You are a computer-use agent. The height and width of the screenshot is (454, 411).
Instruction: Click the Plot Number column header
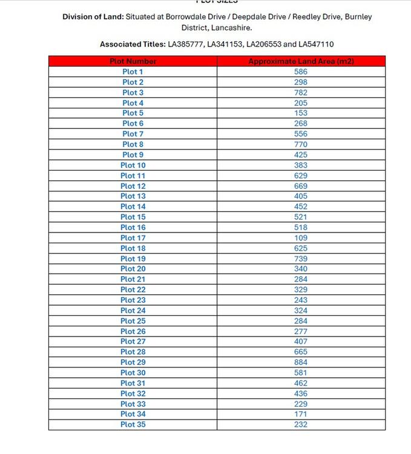[x=133, y=61]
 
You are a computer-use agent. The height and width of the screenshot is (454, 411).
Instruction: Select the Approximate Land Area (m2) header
[x=301, y=61]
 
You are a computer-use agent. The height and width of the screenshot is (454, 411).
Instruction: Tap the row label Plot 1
[x=133, y=71]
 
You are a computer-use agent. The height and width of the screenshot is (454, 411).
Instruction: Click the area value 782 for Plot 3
[x=301, y=93]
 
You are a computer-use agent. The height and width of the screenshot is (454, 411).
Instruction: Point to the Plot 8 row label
[x=133, y=144]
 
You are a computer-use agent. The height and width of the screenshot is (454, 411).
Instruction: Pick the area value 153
[x=301, y=113]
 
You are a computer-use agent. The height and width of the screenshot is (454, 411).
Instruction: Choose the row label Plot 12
[x=133, y=186]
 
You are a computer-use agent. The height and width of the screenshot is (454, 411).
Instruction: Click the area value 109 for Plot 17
[x=301, y=238]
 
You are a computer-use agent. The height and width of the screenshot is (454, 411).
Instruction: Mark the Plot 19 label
[x=133, y=258]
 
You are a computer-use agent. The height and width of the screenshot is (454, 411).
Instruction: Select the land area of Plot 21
[x=301, y=279]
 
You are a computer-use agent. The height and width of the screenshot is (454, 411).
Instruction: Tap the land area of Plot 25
[x=301, y=321]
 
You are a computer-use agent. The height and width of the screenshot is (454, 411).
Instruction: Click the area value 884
[x=301, y=362]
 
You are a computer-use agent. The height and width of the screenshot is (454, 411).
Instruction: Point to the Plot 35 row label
[x=133, y=424]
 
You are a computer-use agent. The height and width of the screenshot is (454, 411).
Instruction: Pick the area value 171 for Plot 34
[x=301, y=414]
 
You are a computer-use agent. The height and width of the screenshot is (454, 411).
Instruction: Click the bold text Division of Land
[x=93, y=17]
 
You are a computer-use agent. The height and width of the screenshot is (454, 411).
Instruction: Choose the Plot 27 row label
[x=133, y=341]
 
